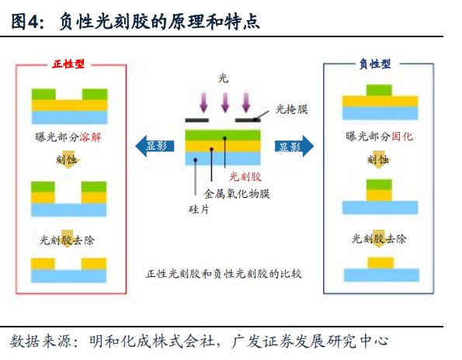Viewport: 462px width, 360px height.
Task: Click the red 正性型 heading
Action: point(68,64)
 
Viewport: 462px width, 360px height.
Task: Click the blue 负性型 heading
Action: point(375,64)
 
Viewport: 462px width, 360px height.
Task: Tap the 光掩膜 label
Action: point(292,109)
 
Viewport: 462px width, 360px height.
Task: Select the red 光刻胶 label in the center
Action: point(245,177)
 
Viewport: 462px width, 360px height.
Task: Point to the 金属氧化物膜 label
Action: point(237,194)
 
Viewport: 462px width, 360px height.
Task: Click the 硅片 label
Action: point(199,209)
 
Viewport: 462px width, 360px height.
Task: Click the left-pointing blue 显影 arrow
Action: point(155,146)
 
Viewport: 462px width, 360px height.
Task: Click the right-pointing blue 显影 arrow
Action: point(294,146)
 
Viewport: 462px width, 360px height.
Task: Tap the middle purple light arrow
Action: point(225,102)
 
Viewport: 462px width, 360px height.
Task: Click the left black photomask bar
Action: point(196,120)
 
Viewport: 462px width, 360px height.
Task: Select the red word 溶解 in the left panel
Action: point(90,137)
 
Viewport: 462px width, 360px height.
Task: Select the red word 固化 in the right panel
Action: point(402,137)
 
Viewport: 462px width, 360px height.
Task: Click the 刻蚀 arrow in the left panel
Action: point(68,161)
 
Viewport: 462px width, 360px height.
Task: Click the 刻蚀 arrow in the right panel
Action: point(378,161)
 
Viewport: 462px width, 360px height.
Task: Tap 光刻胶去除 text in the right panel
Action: point(379,238)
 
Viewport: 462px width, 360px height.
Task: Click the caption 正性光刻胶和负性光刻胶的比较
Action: point(224,274)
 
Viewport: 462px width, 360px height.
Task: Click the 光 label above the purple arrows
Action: point(224,78)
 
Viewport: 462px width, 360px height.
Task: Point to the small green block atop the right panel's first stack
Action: point(379,90)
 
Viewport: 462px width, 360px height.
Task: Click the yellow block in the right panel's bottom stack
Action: point(380,263)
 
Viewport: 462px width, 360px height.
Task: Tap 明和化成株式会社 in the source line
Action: point(152,341)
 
